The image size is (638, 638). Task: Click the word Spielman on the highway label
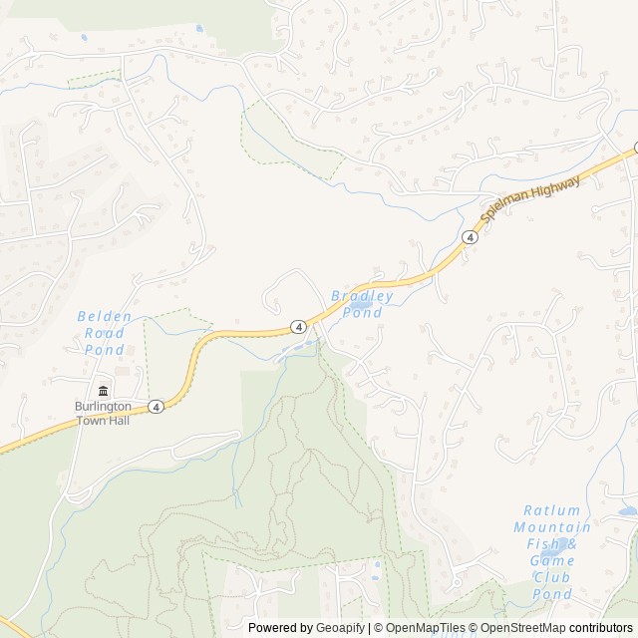[504, 202]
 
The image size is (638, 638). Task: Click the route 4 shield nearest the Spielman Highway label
[469, 236]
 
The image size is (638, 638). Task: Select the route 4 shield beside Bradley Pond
[298, 326]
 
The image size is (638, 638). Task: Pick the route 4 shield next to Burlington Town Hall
[157, 407]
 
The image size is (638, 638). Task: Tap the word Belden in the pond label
[105, 316]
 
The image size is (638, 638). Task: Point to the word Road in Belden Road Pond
[105, 333]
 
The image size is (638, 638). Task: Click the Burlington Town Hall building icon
[103, 389]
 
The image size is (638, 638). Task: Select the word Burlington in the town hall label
[103, 407]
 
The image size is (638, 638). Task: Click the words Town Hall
[103, 421]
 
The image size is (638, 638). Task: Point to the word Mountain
[552, 527]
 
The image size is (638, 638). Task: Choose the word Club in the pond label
[552, 578]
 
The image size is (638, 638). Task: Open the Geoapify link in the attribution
[340, 628]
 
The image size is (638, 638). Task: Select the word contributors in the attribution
[601, 628]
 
